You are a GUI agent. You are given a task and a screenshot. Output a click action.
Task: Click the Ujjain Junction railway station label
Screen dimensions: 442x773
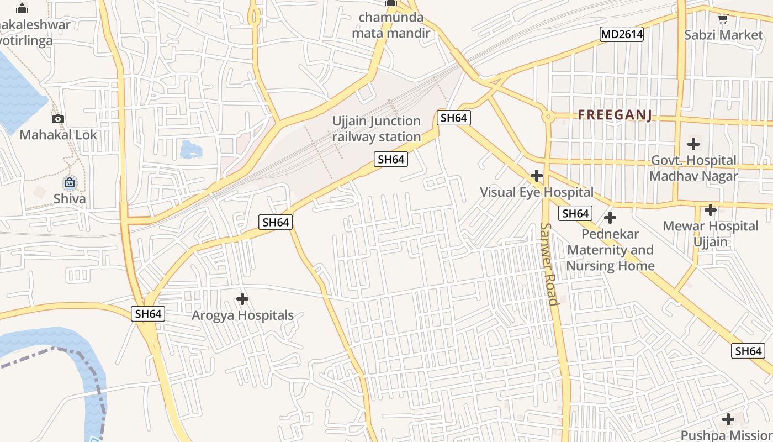tap(377, 129)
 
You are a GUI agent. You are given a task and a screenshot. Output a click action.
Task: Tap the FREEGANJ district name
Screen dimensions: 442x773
tap(615, 115)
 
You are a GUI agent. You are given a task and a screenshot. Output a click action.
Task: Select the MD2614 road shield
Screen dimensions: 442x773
tap(622, 34)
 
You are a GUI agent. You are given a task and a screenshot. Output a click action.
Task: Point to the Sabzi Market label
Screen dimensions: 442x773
tap(723, 35)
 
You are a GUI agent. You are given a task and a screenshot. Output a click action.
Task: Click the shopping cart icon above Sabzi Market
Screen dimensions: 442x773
tap(723, 19)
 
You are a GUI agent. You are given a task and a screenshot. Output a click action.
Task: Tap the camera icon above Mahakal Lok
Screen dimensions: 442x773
tap(58, 119)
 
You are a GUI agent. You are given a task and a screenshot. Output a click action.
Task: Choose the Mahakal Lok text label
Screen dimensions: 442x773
tap(58, 135)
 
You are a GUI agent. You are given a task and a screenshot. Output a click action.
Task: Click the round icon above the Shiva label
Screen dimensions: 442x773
tap(70, 182)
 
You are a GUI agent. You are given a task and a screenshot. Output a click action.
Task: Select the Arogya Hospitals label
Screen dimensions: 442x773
tap(242, 315)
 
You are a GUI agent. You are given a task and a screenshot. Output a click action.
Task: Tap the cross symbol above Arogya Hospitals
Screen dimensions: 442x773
tap(242, 299)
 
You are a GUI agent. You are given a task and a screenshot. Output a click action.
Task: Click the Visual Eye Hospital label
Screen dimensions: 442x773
tap(536, 192)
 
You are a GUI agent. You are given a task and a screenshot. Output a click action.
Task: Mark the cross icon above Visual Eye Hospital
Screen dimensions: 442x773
tap(536, 176)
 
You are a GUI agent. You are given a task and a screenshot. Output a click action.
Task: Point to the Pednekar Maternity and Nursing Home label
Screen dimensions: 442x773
tap(610, 250)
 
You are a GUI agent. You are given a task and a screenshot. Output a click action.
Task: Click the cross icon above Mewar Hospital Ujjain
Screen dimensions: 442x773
tap(711, 210)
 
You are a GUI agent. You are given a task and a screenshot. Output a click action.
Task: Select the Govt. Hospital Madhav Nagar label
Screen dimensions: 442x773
tap(693, 168)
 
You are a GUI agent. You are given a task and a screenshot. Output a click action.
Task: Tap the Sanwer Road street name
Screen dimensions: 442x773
tap(550, 264)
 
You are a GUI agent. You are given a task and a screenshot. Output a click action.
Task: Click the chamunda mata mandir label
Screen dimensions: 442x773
tap(391, 25)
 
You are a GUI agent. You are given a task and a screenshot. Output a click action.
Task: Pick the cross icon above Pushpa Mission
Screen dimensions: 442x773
tap(728, 419)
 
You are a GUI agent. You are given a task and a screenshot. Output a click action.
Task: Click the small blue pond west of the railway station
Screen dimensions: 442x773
tap(190, 149)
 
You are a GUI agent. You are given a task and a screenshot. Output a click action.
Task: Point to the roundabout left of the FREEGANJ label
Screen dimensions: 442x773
tap(548, 116)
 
